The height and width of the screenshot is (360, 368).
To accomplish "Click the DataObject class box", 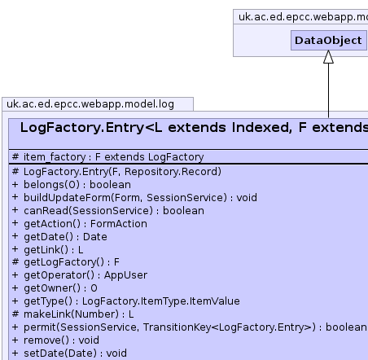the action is (x=328, y=40).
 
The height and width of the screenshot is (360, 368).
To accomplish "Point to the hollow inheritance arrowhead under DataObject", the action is (x=328, y=57).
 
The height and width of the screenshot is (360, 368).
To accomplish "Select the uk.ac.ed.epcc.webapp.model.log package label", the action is (x=90, y=104).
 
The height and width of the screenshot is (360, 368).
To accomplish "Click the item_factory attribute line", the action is (x=108, y=157).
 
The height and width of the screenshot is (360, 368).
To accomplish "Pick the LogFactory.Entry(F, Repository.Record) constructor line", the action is (x=116, y=172).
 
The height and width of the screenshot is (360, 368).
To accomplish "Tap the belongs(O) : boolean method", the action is (x=72, y=185).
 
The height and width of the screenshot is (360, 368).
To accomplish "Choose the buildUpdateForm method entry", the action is (x=134, y=198).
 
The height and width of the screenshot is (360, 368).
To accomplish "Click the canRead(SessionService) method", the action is (x=108, y=211).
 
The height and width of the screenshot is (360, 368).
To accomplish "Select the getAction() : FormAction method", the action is (x=80, y=224).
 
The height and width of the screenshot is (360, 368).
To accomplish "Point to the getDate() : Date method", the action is (x=59, y=237).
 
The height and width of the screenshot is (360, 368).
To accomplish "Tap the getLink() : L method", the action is (x=48, y=250).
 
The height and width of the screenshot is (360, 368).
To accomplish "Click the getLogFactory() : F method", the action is (x=66, y=262).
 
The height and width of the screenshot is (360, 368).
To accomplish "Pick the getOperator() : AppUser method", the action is (x=80, y=275).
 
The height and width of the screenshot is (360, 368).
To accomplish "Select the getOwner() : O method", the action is (x=55, y=288).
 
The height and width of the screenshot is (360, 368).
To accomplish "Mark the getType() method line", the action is (x=126, y=301).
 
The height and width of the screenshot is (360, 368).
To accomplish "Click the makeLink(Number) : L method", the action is (x=72, y=314).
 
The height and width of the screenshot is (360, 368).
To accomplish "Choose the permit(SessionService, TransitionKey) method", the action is (x=190, y=327).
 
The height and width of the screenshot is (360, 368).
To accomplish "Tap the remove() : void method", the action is (x=55, y=340).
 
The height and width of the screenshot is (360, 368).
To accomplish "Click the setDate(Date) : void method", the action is (x=69, y=353).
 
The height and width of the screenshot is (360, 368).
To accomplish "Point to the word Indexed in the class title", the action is (x=262, y=128).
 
